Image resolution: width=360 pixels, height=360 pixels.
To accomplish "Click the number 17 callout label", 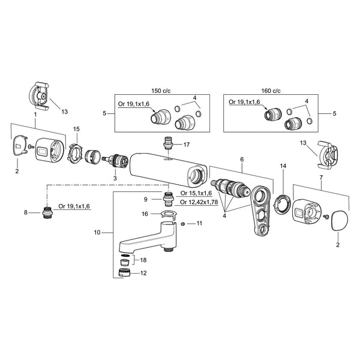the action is coord(187,145).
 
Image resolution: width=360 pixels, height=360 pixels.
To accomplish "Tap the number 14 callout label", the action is coord(283,166).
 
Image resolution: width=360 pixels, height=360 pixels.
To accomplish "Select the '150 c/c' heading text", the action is coord(161,91).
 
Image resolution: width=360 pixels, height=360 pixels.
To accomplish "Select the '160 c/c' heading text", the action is coord(271,91).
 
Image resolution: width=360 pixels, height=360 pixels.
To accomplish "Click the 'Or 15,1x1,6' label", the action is coord(196,193).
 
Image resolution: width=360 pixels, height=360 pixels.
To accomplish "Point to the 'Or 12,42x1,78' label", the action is coord(199,202).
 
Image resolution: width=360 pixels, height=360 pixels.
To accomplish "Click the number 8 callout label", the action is coord(26,212).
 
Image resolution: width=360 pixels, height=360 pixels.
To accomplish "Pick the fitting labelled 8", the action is coord(48,212).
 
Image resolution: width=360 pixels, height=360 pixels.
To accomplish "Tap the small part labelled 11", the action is coord(183,224).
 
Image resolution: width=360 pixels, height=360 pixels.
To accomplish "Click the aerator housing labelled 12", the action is coord(124,272).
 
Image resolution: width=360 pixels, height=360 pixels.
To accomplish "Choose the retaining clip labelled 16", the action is coord(169,214).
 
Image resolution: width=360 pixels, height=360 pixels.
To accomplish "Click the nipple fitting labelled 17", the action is coord(169,143).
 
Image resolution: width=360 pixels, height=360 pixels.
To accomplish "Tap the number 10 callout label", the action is coord(97,233).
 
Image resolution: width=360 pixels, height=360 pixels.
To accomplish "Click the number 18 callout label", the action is coord(143,260).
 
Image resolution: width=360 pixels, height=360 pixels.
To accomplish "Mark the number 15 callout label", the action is coord(76,129).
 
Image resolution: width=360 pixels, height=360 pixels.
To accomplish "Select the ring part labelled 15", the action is coord(74,154).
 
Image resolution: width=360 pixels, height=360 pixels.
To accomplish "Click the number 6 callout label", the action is coord(242,160).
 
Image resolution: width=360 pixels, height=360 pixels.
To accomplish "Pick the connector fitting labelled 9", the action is coord(168,200).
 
